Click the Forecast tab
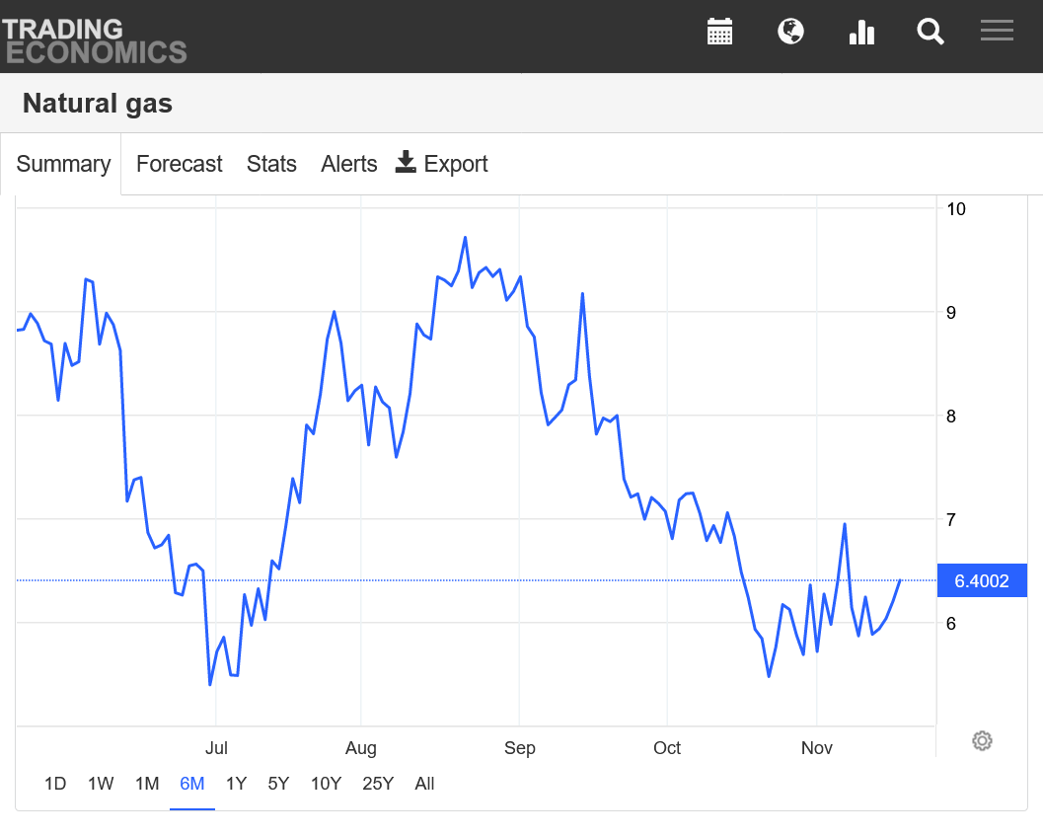(x=179, y=164)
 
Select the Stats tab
(x=271, y=164)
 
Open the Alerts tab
(x=348, y=164)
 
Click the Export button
(x=442, y=164)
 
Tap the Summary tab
(x=63, y=164)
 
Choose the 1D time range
(x=55, y=784)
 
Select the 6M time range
(x=191, y=784)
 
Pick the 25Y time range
(x=378, y=784)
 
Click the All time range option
(x=424, y=784)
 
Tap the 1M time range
(x=147, y=784)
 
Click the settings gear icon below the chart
(x=982, y=741)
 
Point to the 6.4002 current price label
(x=982, y=581)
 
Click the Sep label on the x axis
(x=520, y=748)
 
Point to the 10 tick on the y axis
(x=955, y=209)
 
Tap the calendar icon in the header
(x=720, y=32)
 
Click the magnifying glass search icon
(x=931, y=32)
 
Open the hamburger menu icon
(x=997, y=31)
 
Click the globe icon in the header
(x=790, y=32)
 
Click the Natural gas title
(x=98, y=103)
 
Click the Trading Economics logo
(x=94, y=39)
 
